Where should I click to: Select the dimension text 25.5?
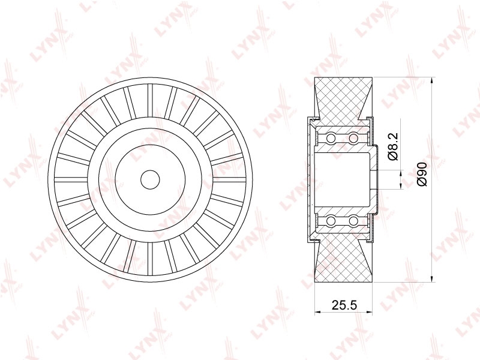click(x=344, y=305)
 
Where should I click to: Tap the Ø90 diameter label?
click(x=422, y=174)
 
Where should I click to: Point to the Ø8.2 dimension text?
click(x=392, y=146)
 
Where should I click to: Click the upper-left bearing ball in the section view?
click(x=331, y=138)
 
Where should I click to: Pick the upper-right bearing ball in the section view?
click(x=353, y=138)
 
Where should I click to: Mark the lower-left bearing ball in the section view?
click(x=331, y=220)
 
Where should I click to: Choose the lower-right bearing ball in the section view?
click(x=353, y=220)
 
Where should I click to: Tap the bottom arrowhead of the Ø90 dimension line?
click(x=431, y=277)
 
